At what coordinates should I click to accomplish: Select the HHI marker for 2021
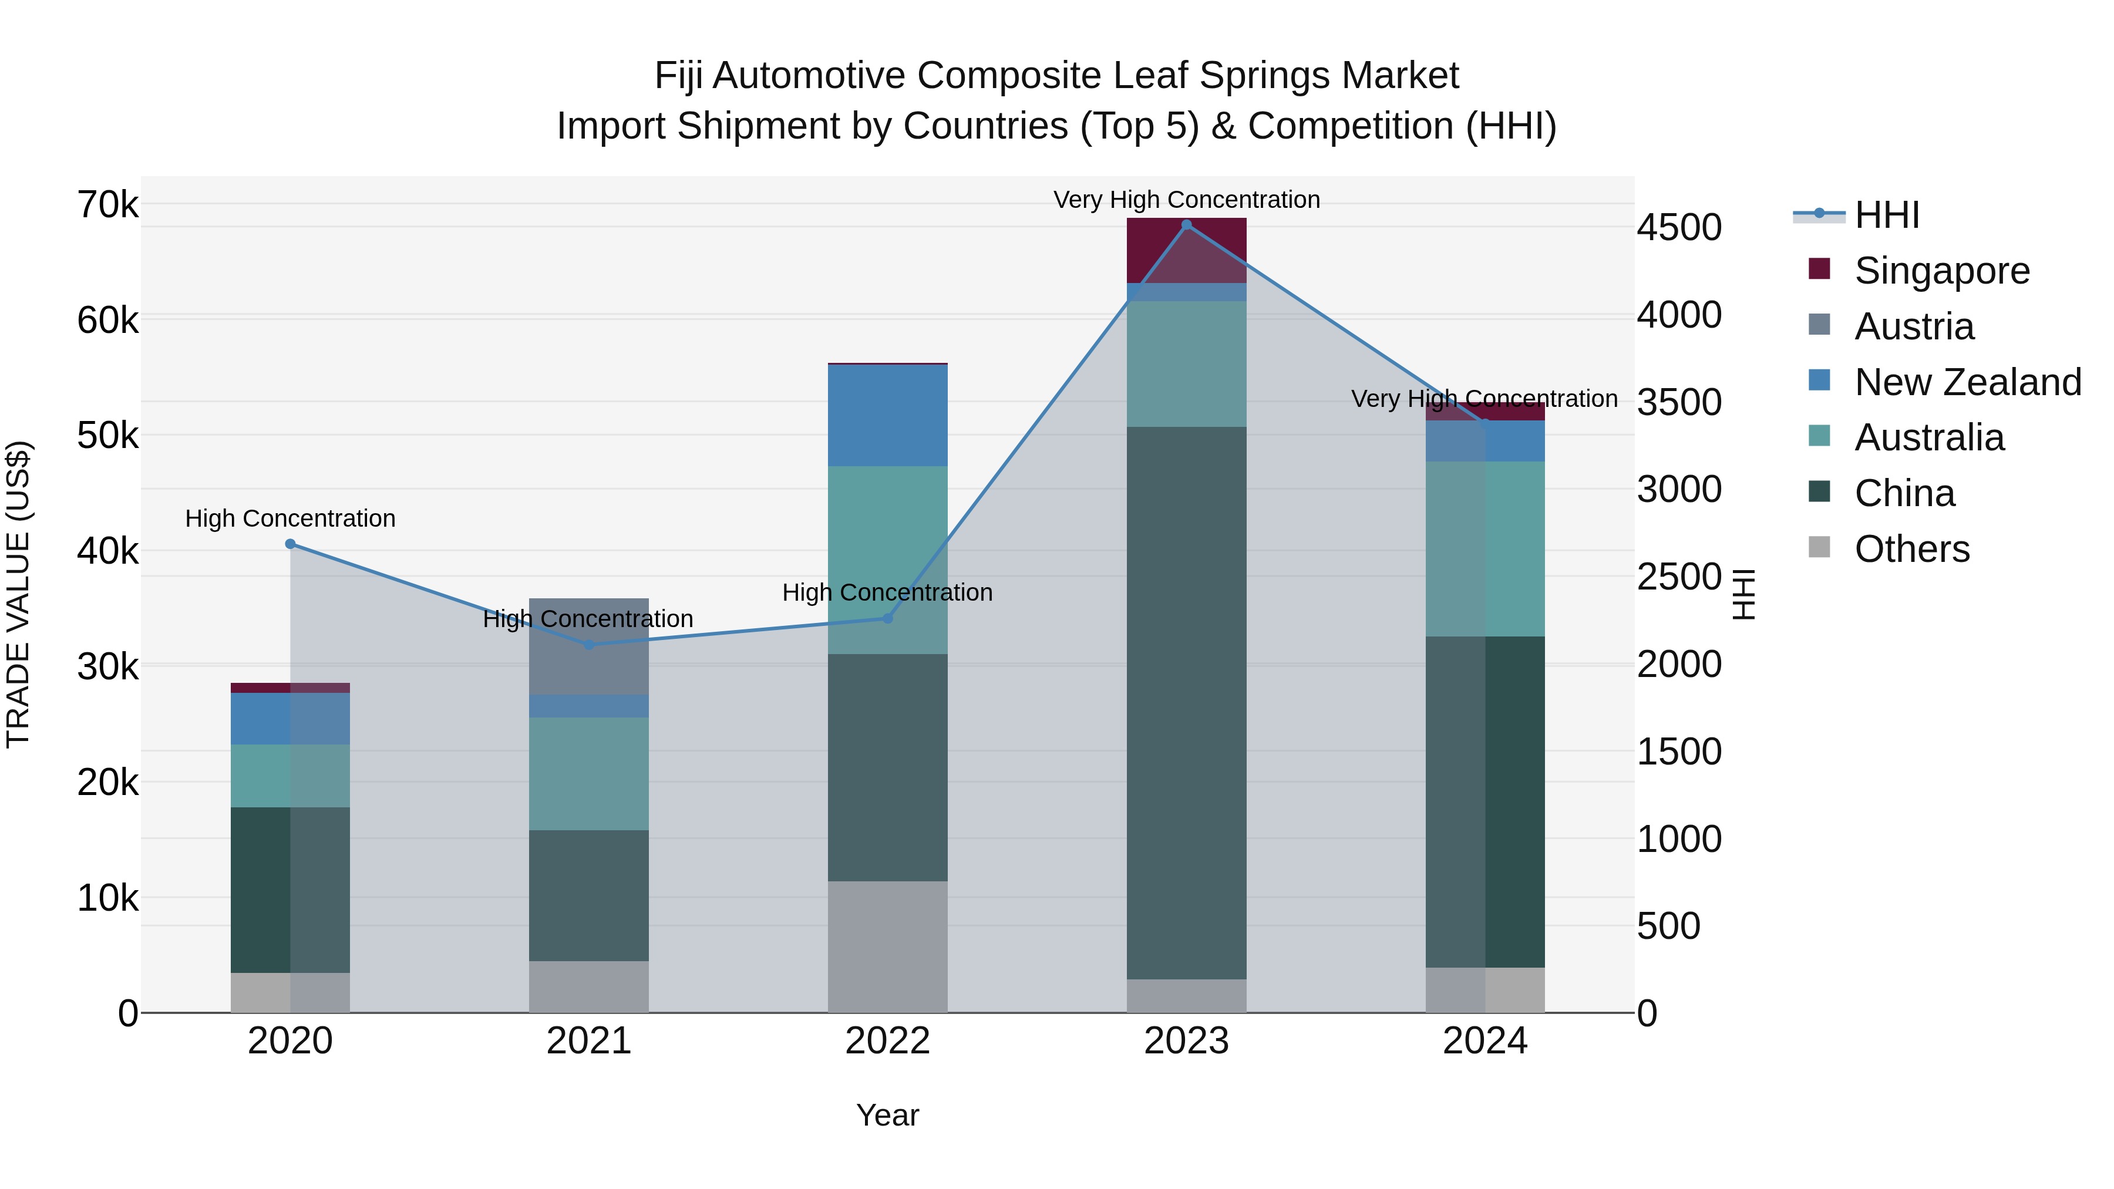[x=588, y=645]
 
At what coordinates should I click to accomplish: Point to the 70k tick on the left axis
[x=107, y=205]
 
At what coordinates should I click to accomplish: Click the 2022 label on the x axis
[x=887, y=1041]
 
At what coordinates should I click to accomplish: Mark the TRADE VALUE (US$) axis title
[x=18, y=594]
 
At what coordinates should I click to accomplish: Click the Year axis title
[x=887, y=1115]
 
